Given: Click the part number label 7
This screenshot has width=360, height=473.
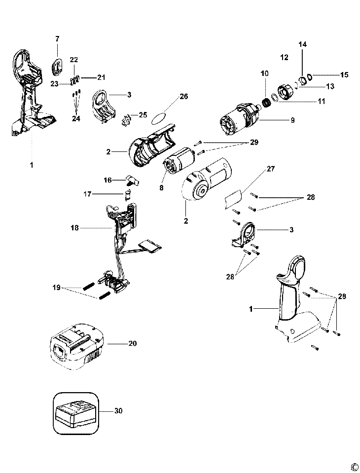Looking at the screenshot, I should [x=57, y=38].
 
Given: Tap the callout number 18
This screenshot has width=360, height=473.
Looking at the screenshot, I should [x=75, y=228].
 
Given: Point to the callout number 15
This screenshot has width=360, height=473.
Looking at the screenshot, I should [x=344, y=75].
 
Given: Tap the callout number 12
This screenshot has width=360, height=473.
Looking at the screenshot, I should [x=284, y=58].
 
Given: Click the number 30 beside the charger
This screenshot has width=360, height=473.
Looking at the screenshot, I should [x=118, y=410].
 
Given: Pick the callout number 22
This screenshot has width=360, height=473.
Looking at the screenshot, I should [x=74, y=60].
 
